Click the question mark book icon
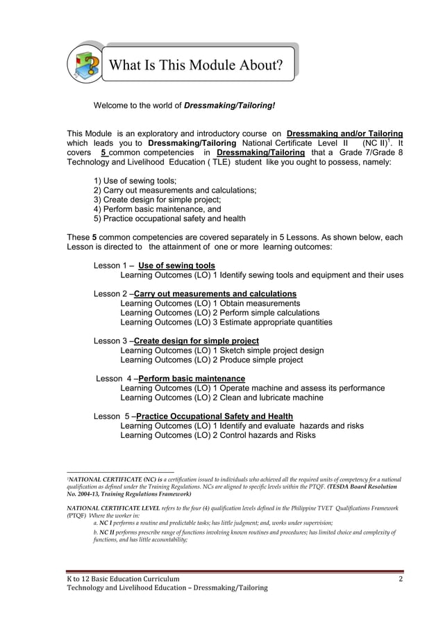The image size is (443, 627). click(84, 64)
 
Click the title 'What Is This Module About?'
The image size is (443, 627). click(197, 66)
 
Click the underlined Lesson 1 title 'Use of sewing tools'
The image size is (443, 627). click(176, 266)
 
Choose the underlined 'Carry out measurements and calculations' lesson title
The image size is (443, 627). click(215, 293)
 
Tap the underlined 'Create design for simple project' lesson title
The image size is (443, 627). click(196, 341)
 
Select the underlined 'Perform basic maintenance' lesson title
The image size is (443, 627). click(192, 378)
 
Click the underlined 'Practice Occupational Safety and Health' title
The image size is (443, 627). click(214, 416)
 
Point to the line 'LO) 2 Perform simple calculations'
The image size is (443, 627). click(220, 313)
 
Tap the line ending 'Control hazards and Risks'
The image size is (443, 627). click(218, 435)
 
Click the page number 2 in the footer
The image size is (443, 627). click(401, 578)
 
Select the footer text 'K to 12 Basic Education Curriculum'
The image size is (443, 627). click(123, 578)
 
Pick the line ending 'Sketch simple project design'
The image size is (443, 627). click(222, 350)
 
